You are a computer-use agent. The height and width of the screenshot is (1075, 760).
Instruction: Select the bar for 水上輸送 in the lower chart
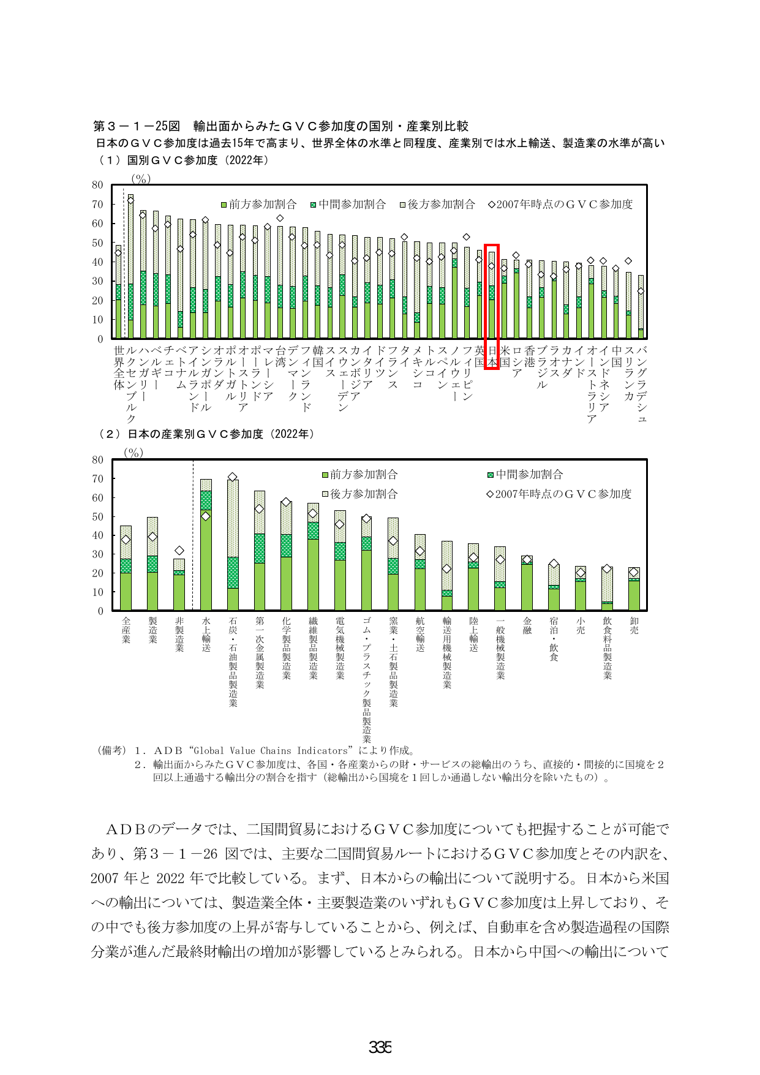(206, 545)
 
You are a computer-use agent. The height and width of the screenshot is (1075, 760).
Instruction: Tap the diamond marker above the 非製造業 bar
(179, 551)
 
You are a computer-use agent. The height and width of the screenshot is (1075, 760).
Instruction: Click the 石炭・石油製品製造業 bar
(233, 545)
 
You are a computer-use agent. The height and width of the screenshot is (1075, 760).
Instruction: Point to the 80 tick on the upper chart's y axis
(97, 184)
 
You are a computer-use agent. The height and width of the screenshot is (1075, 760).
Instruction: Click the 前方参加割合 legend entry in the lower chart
(360, 474)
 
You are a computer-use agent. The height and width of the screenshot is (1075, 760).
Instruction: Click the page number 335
(380, 1047)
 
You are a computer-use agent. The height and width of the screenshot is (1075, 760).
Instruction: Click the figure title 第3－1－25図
(137, 126)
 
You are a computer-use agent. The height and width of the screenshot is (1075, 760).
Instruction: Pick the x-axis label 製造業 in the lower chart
(152, 630)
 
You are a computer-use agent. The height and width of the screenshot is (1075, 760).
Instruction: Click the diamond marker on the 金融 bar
(527, 559)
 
